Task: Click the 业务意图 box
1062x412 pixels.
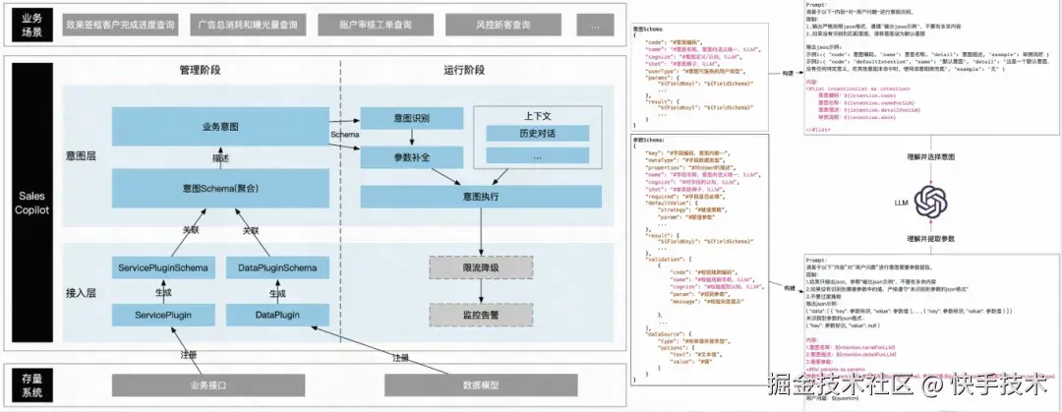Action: tap(220, 128)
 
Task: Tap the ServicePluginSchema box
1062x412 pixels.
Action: tap(162, 268)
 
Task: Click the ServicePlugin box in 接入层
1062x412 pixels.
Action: tap(162, 315)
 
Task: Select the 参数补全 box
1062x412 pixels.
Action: tap(410, 157)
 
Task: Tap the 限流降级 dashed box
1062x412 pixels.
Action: tap(480, 267)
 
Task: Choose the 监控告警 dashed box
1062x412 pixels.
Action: tap(480, 315)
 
